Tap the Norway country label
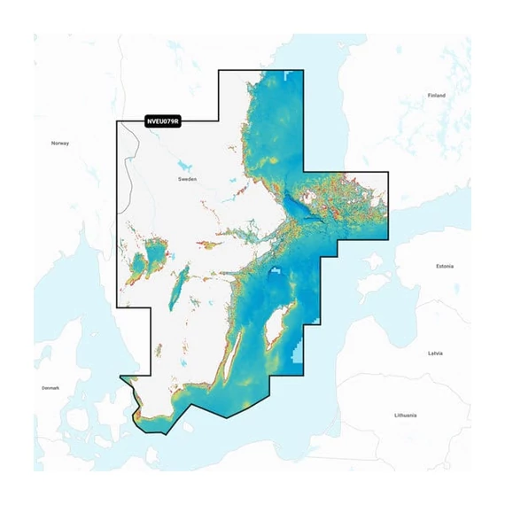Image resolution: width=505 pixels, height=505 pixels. click(59, 143)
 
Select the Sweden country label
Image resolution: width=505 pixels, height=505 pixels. click(187, 178)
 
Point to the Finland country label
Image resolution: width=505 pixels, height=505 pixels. click(436, 95)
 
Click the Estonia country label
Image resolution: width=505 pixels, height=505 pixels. click(445, 266)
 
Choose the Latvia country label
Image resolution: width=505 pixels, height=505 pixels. click(435, 353)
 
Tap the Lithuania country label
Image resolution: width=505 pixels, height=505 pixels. click(406, 415)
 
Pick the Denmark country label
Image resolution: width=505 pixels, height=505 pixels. click(50, 388)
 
